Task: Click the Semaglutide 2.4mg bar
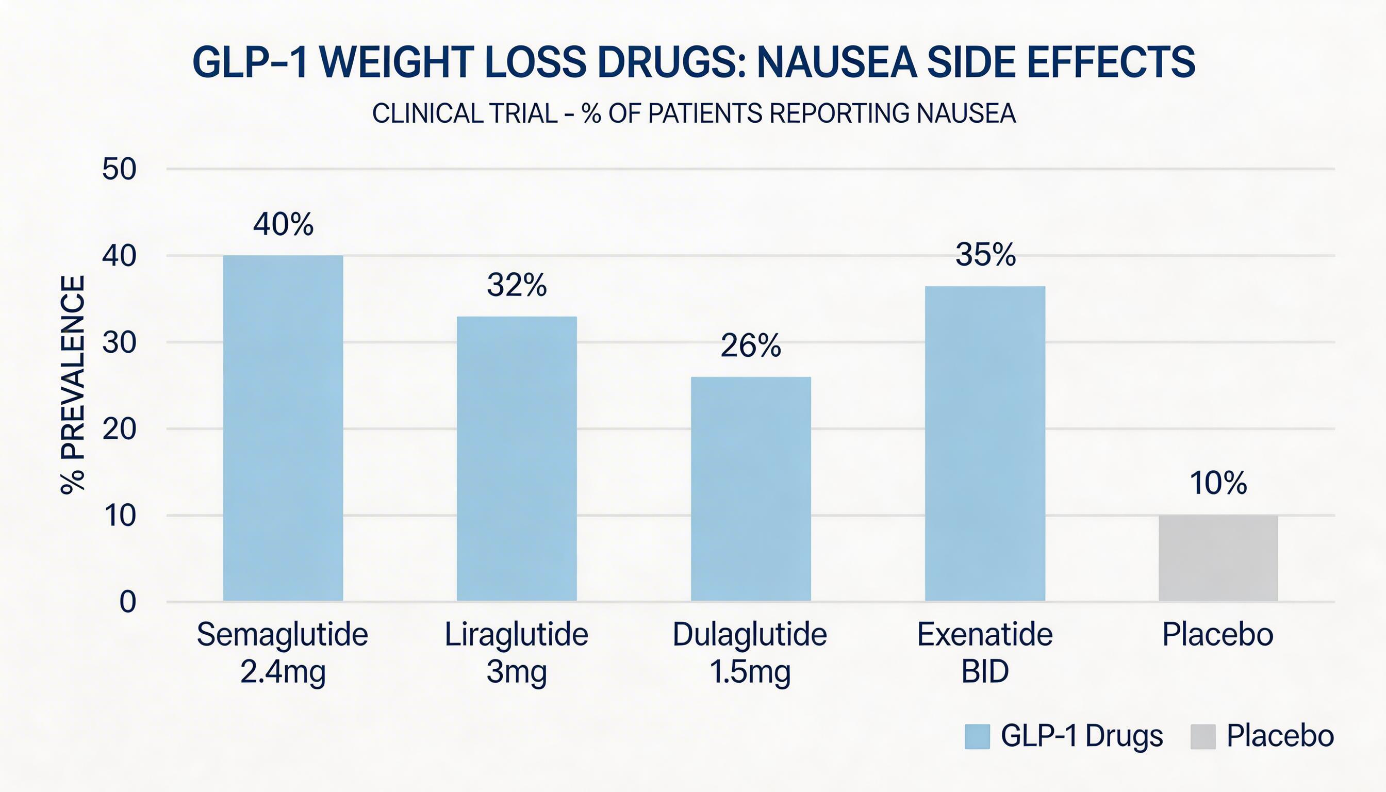(283, 428)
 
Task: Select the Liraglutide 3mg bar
(516, 458)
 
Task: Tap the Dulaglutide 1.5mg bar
(751, 488)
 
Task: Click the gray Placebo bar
(1218, 557)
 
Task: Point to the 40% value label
(283, 224)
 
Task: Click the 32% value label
(516, 285)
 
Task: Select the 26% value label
(751, 345)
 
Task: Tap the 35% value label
(985, 254)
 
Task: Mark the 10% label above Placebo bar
(1218, 483)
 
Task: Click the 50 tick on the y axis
(119, 169)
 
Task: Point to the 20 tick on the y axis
(119, 429)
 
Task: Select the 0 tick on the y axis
(128, 602)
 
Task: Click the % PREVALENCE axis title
(73, 385)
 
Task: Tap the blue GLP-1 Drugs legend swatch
(977, 736)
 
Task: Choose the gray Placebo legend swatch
(1202, 736)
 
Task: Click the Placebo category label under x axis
(1218, 635)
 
